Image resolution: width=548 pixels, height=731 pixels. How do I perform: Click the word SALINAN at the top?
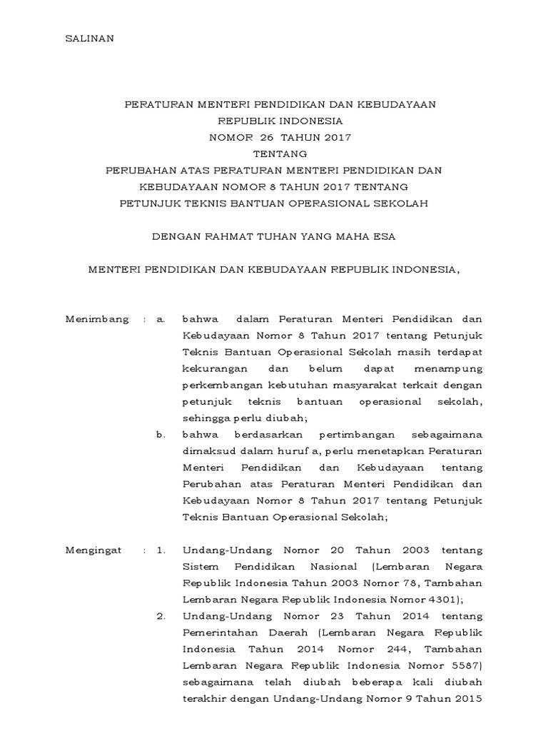click(89, 39)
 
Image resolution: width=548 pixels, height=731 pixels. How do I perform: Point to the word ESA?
click(383, 236)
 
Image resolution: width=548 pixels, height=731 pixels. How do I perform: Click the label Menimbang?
click(97, 319)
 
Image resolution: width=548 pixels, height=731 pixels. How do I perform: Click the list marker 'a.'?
click(161, 319)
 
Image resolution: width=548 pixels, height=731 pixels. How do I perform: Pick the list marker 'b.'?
click(161, 435)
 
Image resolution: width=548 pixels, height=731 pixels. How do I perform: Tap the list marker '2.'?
click(161, 616)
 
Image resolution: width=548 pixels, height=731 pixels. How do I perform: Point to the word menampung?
click(448, 368)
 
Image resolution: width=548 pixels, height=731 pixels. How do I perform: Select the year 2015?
click(469, 699)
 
